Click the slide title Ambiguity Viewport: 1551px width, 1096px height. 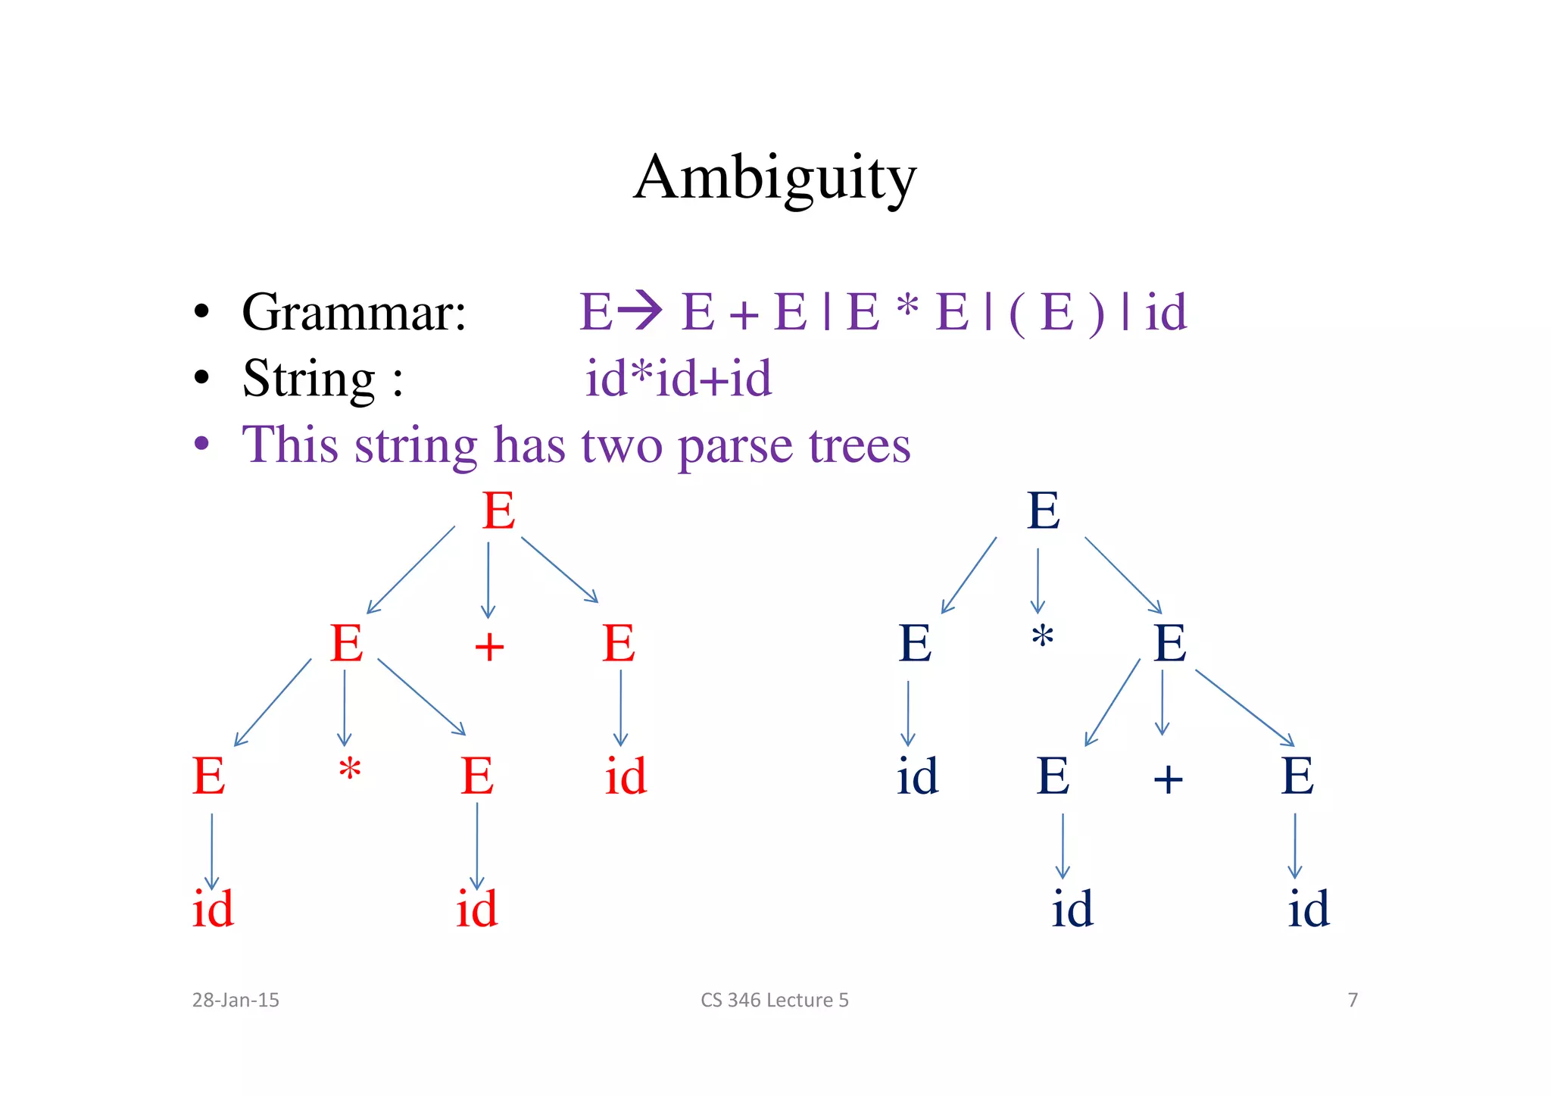click(775, 177)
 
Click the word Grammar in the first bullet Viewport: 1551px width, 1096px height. click(353, 311)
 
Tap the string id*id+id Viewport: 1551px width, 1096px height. click(678, 378)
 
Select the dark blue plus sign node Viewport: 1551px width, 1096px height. click(1168, 779)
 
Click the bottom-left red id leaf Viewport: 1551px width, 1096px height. click(213, 909)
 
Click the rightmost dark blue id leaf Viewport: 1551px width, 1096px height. click(1309, 909)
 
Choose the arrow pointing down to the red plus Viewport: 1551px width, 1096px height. click(488, 579)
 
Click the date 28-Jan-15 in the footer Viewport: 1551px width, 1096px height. click(236, 1000)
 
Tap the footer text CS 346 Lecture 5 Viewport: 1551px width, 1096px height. click(775, 1000)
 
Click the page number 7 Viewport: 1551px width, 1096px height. click(1353, 1000)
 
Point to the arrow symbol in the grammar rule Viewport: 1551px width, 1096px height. click(640, 311)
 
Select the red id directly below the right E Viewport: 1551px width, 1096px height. click(626, 776)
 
